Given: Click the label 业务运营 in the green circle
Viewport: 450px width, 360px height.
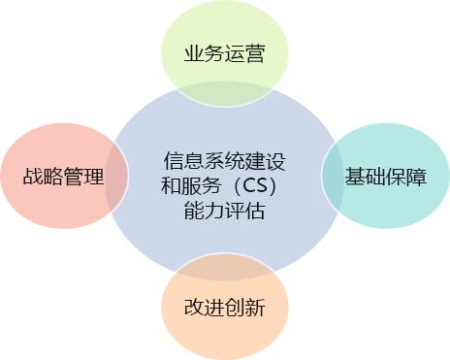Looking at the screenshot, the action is tap(225, 53).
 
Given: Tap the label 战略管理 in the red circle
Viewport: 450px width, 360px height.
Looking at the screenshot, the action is tap(63, 177).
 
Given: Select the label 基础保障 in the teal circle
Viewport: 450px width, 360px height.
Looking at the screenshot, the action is tap(385, 177).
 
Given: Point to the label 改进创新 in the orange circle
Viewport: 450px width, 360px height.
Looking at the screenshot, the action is tap(225, 307).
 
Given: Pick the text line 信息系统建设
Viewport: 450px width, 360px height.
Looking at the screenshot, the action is tap(224, 161).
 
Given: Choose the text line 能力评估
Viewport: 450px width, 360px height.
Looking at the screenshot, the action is tap(225, 211).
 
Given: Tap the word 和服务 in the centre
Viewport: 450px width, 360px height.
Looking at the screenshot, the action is tap(191, 185).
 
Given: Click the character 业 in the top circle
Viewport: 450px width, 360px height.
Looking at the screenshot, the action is tap(194, 53).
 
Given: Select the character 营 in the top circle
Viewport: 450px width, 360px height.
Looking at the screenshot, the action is tap(255, 53).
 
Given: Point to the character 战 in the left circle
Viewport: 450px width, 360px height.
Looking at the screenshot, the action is tap(33, 177).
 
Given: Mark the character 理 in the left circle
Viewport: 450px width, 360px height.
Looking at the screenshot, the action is tap(94, 177).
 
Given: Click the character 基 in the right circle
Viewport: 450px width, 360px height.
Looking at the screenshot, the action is tap(355, 177).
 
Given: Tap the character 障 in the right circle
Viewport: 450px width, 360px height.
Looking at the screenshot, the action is tap(416, 177).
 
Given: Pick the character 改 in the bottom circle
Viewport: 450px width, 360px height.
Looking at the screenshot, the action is tap(194, 307).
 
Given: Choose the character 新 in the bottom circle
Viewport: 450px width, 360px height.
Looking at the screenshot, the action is tap(255, 307).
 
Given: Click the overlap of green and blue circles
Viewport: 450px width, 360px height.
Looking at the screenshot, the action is tap(225, 94).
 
